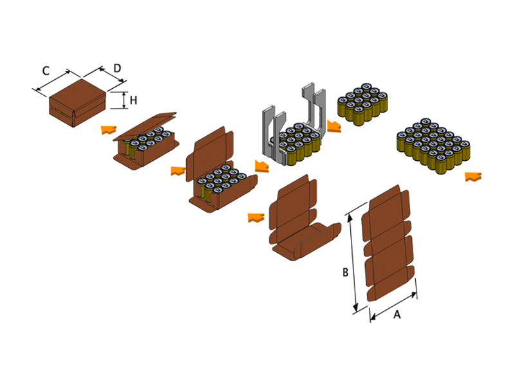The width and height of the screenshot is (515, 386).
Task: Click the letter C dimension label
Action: coord(45,70)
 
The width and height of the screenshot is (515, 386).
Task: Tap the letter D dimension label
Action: coord(117,68)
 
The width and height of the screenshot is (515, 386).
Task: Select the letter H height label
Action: coord(133,100)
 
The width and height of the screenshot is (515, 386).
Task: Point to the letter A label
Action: coord(397,315)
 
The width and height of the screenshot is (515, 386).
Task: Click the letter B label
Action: coord(345,273)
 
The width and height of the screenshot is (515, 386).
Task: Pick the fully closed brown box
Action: coord(77,103)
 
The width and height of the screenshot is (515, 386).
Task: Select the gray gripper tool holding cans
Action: coord(293,129)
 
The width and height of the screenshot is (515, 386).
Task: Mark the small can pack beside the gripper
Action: coord(364,102)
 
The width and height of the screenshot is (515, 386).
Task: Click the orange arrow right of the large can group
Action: coord(473,176)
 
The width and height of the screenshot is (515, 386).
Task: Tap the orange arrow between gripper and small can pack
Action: coord(333,126)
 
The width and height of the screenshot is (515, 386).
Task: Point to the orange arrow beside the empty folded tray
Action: coord(256,217)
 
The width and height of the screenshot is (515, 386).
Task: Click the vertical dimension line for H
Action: coord(124,100)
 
